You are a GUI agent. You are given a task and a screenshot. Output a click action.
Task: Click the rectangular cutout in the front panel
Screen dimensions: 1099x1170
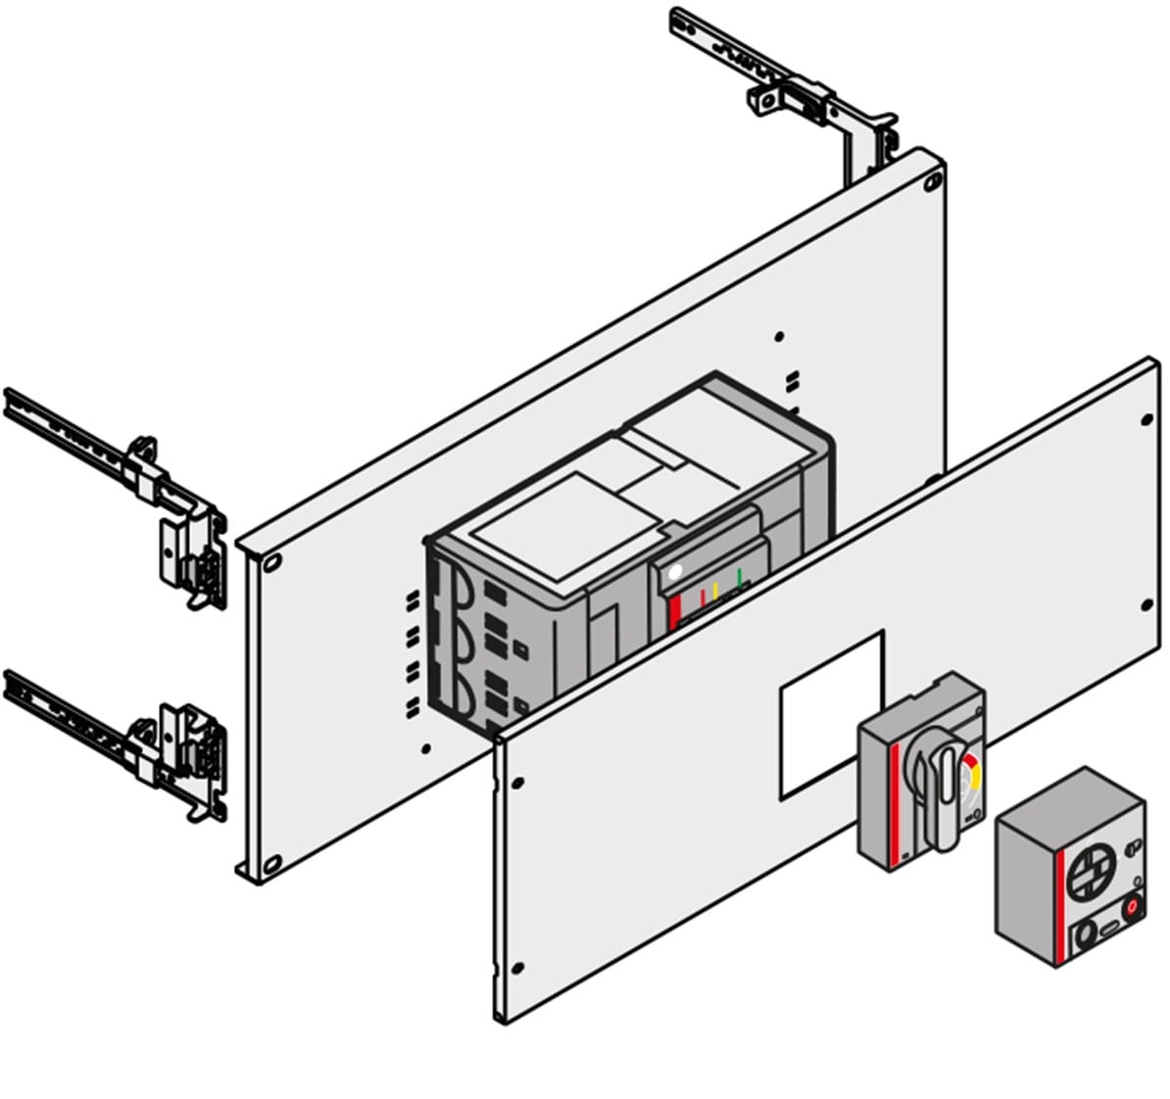coord(831,710)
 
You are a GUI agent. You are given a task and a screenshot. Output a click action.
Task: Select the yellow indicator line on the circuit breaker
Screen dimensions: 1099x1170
coord(716,591)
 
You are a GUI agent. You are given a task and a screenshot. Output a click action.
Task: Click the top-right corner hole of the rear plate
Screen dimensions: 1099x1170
coord(930,180)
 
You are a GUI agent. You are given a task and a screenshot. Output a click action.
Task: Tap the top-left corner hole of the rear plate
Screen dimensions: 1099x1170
coord(271,562)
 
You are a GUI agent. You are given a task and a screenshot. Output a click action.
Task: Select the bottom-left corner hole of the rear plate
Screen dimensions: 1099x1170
coord(269,863)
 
